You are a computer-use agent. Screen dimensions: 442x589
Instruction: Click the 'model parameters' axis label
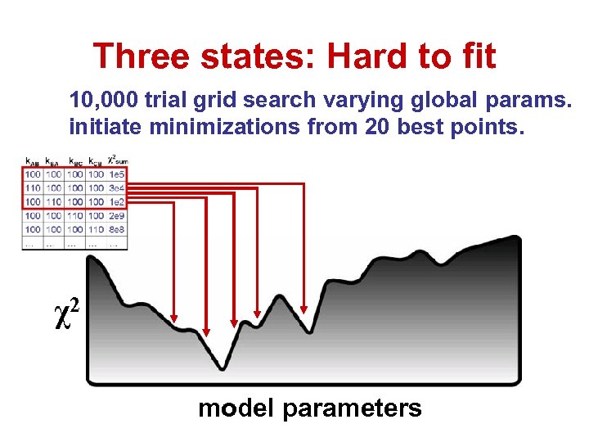coord(309,408)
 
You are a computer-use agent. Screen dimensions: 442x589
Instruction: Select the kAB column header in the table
coord(33,160)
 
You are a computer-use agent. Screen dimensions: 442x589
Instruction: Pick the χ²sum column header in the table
coord(118,160)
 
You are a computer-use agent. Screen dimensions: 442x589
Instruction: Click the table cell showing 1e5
coord(118,174)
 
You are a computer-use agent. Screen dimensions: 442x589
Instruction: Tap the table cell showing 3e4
coord(118,188)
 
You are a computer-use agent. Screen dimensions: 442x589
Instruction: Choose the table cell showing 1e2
coord(118,201)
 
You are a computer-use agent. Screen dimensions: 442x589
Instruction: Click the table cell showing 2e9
coord(118,215)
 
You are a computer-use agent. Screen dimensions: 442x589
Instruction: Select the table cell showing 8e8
coord(118,229)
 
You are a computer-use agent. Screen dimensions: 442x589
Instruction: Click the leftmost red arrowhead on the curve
coord(174,315)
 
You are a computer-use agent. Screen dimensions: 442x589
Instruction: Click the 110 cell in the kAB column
coord(33,188)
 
